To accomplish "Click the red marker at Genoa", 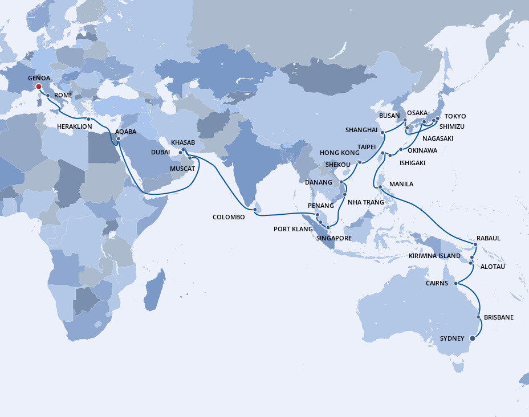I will pos(39,87).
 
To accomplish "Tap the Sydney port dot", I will pos(472,338).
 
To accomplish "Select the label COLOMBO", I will pos(229,217).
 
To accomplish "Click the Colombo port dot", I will pos(255,210).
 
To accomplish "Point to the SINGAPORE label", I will pos(334,238).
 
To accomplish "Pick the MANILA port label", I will pos(401,184).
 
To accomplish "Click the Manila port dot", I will pos(380,186).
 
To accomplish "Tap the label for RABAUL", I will pos(488,238).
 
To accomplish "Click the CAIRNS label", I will pos(437,283).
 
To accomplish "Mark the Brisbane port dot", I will pos(478,317).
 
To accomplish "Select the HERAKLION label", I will pos(75,126).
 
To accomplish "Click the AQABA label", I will pos(125,131).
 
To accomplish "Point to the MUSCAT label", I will pos(183,169).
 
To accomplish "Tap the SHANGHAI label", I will pos(361,130).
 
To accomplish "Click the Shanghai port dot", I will pos(382,133).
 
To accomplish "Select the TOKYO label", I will pos(455,116).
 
